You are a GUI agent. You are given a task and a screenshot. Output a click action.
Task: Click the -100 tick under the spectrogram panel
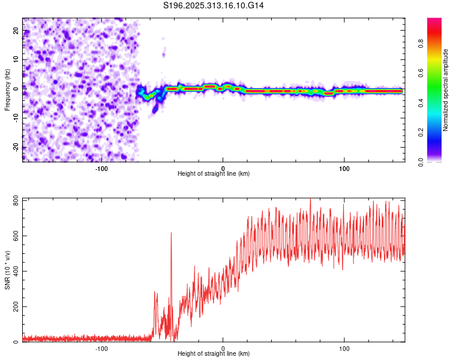click(x=101, y=167)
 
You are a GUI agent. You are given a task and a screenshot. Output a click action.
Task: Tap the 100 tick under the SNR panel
click(x=344, y=348)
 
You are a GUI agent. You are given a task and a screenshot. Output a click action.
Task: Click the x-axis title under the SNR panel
click(x=214, y=355)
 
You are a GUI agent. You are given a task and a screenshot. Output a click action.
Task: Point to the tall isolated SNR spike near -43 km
click(x=171, y=233)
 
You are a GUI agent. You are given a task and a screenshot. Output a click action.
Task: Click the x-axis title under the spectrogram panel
click(x=214, y=174)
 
